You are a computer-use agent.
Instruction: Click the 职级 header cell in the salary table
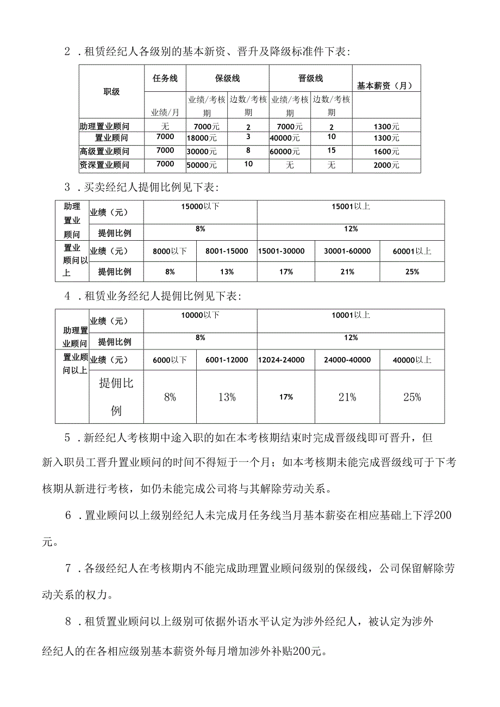[x=111, y=92]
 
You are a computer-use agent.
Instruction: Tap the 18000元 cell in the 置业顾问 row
[x=201, y=138]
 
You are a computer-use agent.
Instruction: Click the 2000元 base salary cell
[x=386, y=165]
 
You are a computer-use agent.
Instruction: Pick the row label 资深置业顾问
[x=104, y=165]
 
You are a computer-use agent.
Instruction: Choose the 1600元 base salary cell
[x=386, y=151]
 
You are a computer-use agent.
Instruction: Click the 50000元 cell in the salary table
[x=201, y=165]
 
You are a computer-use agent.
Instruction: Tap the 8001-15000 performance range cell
[x=226, y=251]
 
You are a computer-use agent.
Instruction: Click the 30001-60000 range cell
[x=347, y=251]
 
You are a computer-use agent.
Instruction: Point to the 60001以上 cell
[x=412, y=251]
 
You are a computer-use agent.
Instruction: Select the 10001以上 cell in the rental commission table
[x=351, y=315]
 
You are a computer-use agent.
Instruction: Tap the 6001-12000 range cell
[x=226, y=360]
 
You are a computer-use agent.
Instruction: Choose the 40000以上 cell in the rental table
[x=412, y=360]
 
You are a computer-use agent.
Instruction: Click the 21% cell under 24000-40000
[x=347, y=397]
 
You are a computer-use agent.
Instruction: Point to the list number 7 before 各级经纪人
[x=68, y=569]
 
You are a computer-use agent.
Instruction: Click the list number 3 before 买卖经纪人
[x=67, y=188]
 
